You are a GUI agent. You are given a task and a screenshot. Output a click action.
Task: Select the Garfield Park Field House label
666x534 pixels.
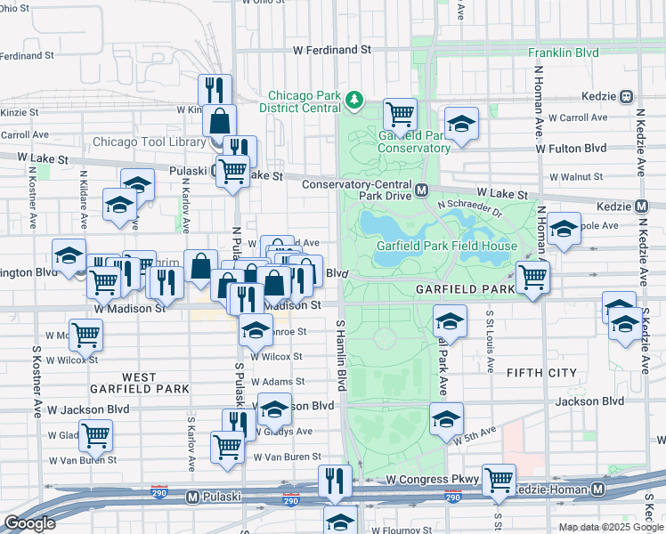(447, 246)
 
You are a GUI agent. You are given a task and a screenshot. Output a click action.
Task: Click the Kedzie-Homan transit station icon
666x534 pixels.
(597, 489)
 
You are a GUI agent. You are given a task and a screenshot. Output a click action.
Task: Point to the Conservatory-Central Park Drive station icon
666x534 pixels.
(422, 190)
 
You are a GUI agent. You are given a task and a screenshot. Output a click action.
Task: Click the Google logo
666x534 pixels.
(29, 523)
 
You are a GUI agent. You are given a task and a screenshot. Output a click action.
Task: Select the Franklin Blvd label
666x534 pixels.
(563, 53)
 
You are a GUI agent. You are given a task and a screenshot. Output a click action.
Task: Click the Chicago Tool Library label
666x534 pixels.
(149, 142)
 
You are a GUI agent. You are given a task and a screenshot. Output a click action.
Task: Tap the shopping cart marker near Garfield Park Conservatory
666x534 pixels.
(401, 114)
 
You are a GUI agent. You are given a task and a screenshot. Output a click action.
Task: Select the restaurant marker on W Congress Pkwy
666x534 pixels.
(336, 481)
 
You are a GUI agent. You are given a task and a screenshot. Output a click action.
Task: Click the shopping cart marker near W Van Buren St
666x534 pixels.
(227, 445)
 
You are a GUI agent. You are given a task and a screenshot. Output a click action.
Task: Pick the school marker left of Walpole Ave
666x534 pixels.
(563, 230)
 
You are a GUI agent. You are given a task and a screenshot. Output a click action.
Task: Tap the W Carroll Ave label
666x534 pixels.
(578, 117)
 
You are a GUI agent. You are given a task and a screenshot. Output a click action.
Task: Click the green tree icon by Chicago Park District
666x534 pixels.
(355, 98)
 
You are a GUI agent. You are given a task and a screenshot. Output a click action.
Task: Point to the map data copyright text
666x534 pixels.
(610, 527)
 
